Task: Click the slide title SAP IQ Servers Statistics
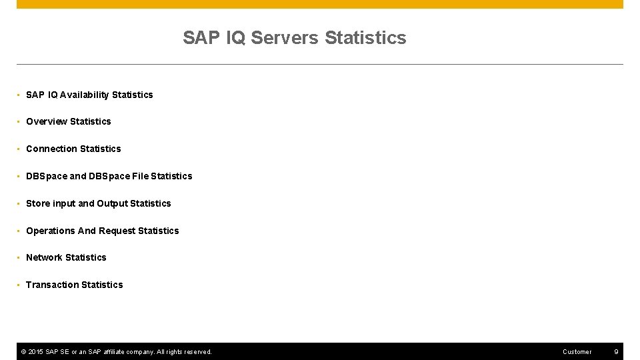[x=294, y=38]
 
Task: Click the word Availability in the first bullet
[x=85, y=95]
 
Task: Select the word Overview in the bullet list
[x=46, y=121]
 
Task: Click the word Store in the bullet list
[x=38, y=203]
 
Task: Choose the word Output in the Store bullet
[x=112, y=203]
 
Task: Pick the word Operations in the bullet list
[x=50, y=231]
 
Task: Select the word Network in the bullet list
[x=44, y=257]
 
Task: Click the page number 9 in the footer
[x=616, y=351]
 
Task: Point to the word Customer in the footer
[x=577, y=351]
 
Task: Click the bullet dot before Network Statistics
[x=19, y=258]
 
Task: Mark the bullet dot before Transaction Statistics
[x=19, y=285]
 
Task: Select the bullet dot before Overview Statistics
[x=19, y=122]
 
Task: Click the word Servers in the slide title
[x=285, y=38]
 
